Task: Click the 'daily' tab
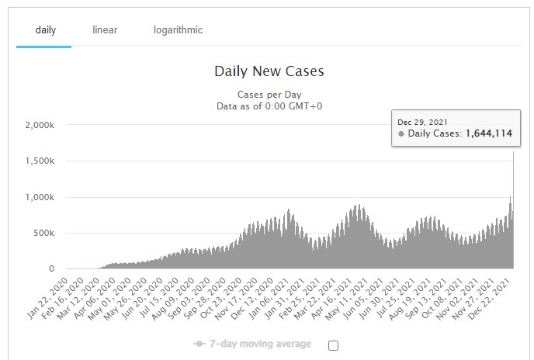pyautogui.click(x=45, y=30)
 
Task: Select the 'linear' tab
pyautogui.click(x=105, y=30)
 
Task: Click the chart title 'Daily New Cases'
pyautogui.click(x=269, y=72)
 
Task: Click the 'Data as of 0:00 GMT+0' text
pyautogui.click(x=269, y=106)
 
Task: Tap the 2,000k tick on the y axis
pyautogui.click(x=39, y=125)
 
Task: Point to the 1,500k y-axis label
pyautogui.click(x=39, y=161)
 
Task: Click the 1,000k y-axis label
pyautogui.click(x=39, y=197)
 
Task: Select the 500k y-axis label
pyautogui.click(x=43, y=233)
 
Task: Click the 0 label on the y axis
pyautogui.click(x=50, y=269)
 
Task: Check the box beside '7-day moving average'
pyautogui.click(x=333, y=345)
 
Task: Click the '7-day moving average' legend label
pyautogui.click(x=261, y=344)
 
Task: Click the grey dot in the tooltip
pyautogui.click(x=401, y=134)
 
